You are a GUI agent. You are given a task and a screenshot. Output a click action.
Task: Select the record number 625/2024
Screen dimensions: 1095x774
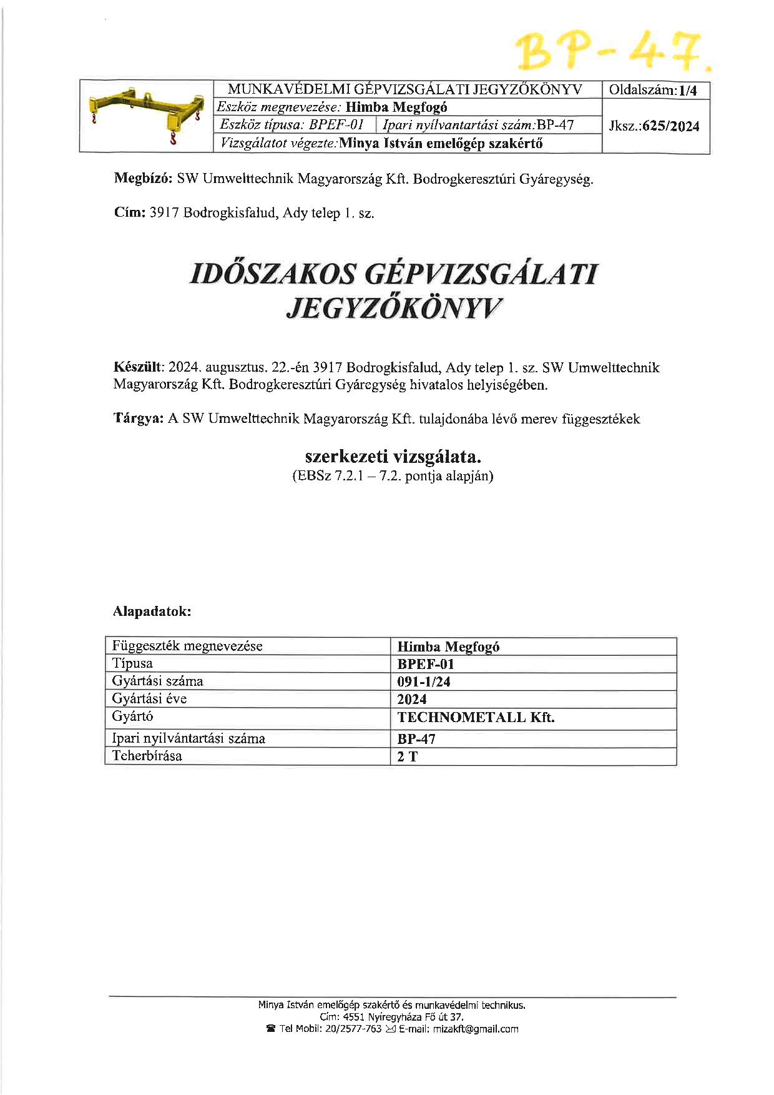click(x=670, y=126)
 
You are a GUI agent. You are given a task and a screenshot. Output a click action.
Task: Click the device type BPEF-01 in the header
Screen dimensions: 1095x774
click(x=336, y=124)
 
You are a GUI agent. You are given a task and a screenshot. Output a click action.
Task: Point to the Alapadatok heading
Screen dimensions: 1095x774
click(x=152, y=612)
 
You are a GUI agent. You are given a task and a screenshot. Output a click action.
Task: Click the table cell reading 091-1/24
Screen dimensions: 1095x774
click(x=424, y=681)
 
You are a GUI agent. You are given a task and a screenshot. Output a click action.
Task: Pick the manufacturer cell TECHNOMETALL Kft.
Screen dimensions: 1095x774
click(x=476, y=718)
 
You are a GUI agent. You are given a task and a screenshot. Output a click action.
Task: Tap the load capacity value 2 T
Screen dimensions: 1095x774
click(x=407, y=757)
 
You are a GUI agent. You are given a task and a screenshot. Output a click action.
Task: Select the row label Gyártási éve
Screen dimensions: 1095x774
click(x=149, y=698)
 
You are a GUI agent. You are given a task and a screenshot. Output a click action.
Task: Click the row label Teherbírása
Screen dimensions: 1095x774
click(x=147, y=756)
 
